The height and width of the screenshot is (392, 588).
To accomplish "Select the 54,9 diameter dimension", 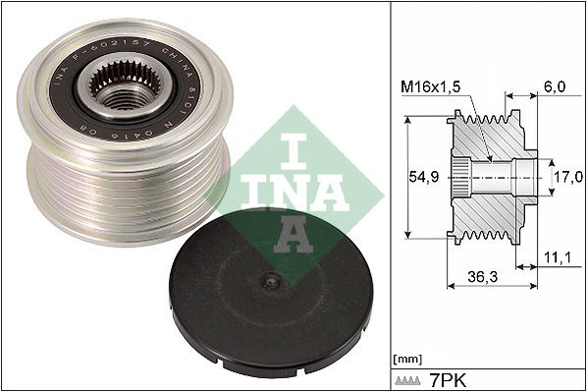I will tap(422, 178).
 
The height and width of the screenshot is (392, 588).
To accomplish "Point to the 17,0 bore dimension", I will tap(562, 178).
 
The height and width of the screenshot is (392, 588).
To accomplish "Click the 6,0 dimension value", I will tap(554, 87).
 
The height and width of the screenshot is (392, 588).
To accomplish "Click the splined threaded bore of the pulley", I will tap(121, 95).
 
